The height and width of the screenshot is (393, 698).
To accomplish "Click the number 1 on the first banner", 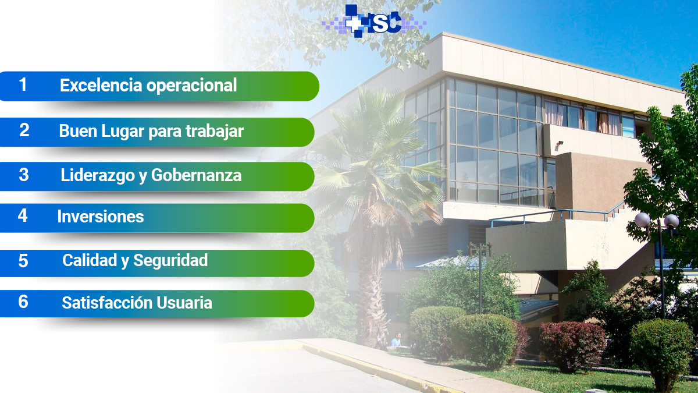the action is click(23, 84).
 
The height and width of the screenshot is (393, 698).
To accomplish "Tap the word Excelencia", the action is click(101, 85).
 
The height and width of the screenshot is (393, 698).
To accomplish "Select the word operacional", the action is click(191, 86).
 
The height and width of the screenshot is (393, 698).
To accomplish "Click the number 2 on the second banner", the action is click(24, 130).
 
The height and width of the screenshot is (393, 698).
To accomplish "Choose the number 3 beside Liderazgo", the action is click(24, 175).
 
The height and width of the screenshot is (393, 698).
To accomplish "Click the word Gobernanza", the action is click(197, 175).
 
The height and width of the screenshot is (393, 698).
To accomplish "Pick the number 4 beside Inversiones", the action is click(23, 215).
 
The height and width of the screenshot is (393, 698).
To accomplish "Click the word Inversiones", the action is click(101, 217).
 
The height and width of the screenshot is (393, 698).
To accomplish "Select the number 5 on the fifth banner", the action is click(23, 261).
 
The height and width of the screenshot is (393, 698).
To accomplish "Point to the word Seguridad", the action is click(170, 260).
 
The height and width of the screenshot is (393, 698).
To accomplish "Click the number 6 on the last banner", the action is click(23, 302).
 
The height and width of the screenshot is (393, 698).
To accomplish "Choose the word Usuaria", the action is click(184, 303).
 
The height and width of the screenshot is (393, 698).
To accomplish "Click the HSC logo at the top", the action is click(374, 21).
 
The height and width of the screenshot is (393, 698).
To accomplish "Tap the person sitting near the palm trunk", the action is click(396, 340).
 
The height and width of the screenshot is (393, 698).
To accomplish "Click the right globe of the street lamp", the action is click(671, 221).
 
